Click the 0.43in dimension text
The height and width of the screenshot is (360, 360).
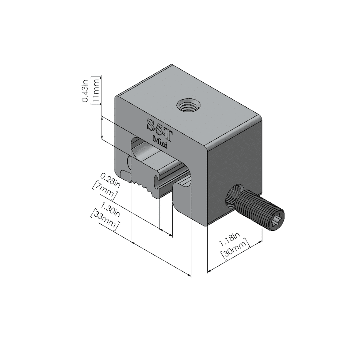point(85,90)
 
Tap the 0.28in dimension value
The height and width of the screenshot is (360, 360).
point(110,179)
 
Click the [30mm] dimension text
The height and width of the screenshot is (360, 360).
point(236,250)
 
